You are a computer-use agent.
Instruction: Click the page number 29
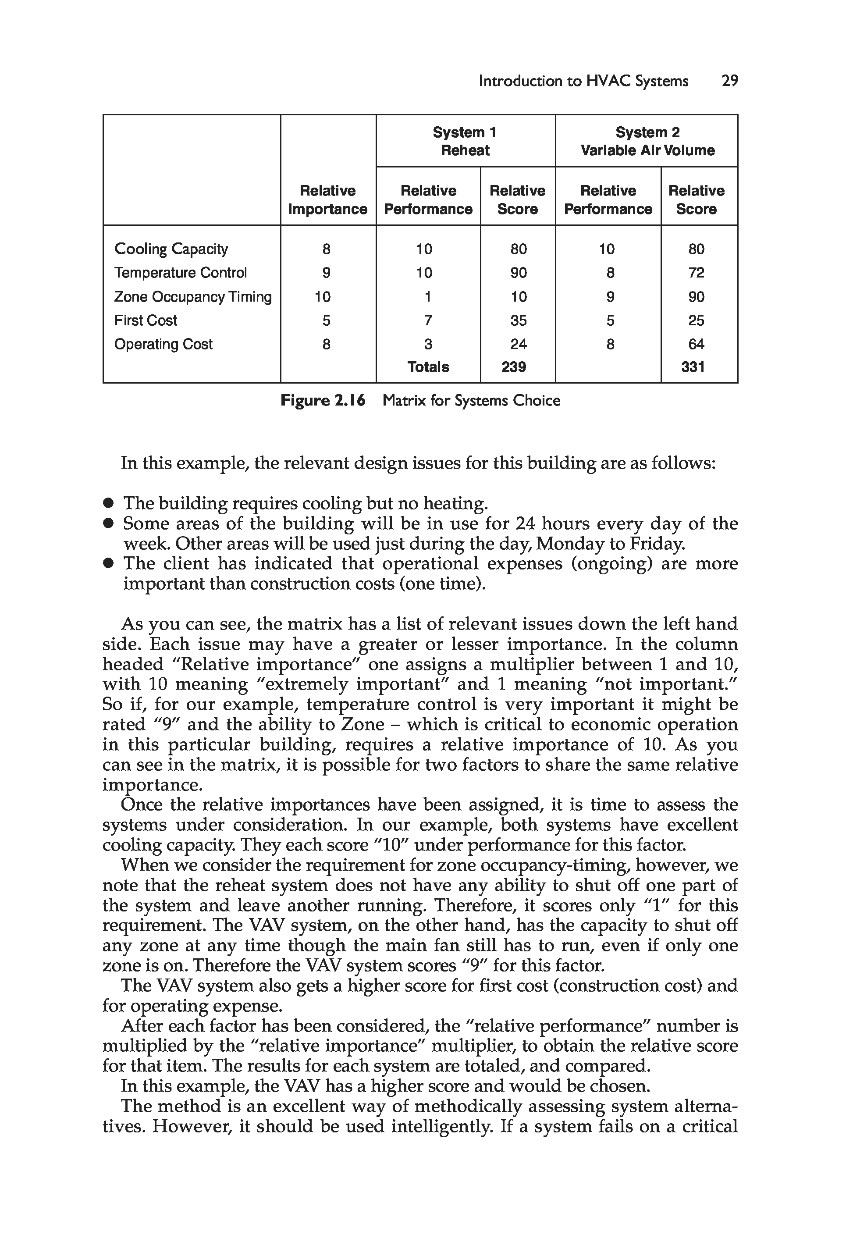(x=729, y=81)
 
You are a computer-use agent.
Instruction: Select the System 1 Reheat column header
(x=465, y=141)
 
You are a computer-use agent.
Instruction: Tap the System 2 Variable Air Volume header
(x=647, y=141)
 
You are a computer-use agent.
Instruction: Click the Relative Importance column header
(x=327, y=200)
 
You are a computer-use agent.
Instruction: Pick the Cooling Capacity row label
(x=171, y=249)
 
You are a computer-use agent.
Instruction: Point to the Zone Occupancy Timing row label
(x=193, y=297)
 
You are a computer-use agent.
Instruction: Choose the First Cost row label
(x=146, y=320)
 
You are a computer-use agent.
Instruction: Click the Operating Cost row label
(x=163, y=344)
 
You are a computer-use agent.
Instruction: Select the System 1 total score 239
(x=514, y=367)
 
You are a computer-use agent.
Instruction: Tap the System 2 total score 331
(x=693, y=367)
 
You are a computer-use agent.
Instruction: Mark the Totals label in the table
(x=428, y=367)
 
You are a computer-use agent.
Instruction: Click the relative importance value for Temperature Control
(x=327, y=273)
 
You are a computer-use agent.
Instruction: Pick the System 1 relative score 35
(x=519, y=320)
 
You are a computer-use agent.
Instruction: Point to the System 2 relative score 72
(x=697, y=273)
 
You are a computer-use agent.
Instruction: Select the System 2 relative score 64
(x=697, y=344)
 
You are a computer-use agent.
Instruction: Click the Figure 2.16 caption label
(x=323, y=401)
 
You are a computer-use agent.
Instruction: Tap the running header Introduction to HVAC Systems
(x=583, y=81)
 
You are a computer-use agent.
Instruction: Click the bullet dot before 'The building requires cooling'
(x=109, y=503)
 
